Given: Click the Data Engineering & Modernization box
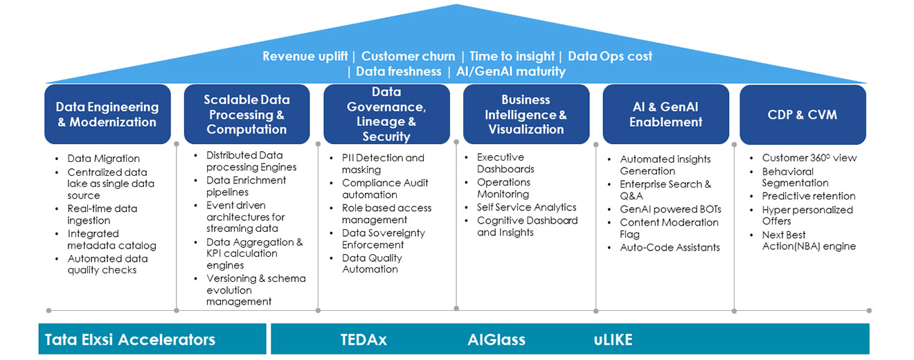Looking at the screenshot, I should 107,114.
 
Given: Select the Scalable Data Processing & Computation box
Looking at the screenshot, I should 247,114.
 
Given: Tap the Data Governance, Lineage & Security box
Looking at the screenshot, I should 386,114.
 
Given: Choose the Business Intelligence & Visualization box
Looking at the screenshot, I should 526,114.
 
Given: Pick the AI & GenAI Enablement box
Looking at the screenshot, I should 665,114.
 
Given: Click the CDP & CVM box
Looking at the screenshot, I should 803,114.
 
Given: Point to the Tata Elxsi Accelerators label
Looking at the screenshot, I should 130,339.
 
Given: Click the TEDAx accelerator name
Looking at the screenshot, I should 364,339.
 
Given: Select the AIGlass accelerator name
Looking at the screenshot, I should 496,339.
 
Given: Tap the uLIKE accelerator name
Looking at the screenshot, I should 613,339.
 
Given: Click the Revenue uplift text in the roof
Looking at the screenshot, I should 305,56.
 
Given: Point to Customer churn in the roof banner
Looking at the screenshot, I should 408,56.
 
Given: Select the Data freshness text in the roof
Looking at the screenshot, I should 398,71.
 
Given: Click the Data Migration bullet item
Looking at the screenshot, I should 103,159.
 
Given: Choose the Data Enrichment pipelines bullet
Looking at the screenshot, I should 246,186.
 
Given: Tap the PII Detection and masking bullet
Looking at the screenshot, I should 383,163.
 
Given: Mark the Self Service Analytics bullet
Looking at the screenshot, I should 526,207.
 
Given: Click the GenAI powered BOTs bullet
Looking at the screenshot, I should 670,209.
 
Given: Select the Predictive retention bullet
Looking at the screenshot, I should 809,196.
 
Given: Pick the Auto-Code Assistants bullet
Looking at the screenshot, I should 670,247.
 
